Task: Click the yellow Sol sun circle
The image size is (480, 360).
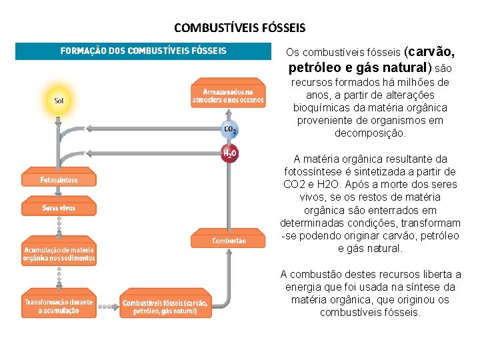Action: coord(59,101)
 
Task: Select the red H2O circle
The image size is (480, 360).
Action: coord(229,154)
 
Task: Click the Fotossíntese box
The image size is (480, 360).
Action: coord(59,180)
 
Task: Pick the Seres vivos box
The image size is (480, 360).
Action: coord(59,208)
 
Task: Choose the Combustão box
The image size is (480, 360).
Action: coord(229,241)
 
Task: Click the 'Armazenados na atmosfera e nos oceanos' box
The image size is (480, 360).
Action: coord(229,95)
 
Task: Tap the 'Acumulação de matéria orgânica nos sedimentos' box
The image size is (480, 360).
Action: coord(59,254)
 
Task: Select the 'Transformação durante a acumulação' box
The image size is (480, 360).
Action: coord(59,306)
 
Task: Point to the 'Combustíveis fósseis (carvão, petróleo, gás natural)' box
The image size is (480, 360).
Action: coord(165,306)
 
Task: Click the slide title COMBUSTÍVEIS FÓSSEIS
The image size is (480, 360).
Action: coord(239,28)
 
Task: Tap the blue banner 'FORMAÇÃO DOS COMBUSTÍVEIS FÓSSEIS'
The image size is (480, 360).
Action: coord(144,51)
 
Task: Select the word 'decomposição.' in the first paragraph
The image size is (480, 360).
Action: coord(369,133)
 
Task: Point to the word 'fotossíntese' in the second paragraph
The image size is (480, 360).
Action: coord(315,172)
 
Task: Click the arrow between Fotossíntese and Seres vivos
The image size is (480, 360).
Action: coord(59,194)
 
